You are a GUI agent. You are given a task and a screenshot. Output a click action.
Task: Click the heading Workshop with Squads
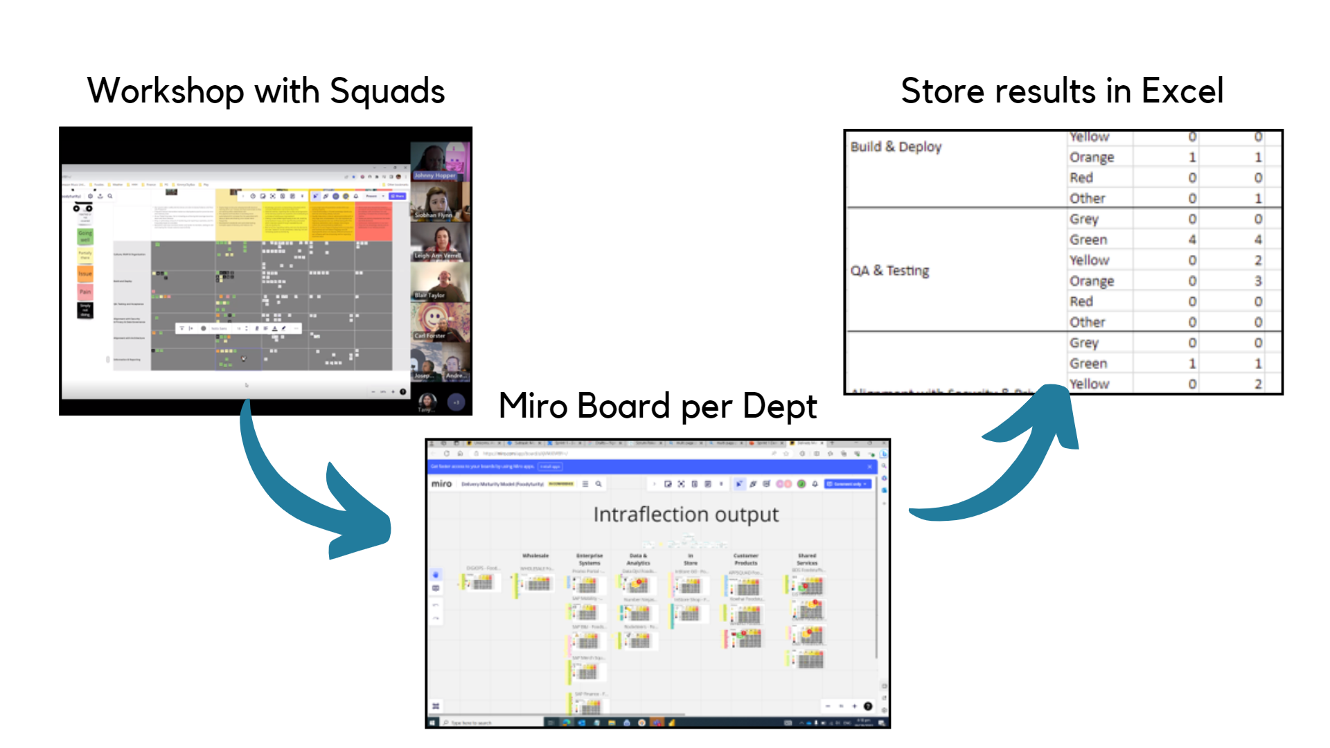click(266, 91)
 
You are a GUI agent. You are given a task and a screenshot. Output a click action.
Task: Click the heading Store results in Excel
click(1062, 91)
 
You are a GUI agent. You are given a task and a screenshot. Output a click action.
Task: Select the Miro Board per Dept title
click(657, 406)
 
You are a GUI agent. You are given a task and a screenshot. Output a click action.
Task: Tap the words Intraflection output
click(686, 515)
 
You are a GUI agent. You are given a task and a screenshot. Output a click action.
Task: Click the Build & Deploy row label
click(896, 147)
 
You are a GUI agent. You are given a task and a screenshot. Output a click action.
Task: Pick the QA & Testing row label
click(889, 271)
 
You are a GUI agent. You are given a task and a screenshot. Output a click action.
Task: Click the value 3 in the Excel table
click(1258, 281)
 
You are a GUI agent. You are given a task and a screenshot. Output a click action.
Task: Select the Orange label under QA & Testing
click(1092, 281)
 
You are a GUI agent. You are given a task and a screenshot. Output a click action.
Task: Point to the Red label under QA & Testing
click(1081, 302)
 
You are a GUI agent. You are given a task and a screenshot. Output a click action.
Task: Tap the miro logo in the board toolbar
click(441, 483)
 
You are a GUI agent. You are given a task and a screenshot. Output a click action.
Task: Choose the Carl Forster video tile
click(439, 322)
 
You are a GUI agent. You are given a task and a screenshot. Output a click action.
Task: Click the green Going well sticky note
click(85, 236)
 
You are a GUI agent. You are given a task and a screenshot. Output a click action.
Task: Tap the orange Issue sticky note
click(85, 274)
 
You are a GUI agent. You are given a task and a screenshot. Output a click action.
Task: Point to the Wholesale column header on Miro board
click(535, 555)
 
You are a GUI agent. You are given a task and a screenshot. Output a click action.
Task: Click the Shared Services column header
click(807, 559)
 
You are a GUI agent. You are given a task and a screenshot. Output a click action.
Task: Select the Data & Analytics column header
click(638, 559)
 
